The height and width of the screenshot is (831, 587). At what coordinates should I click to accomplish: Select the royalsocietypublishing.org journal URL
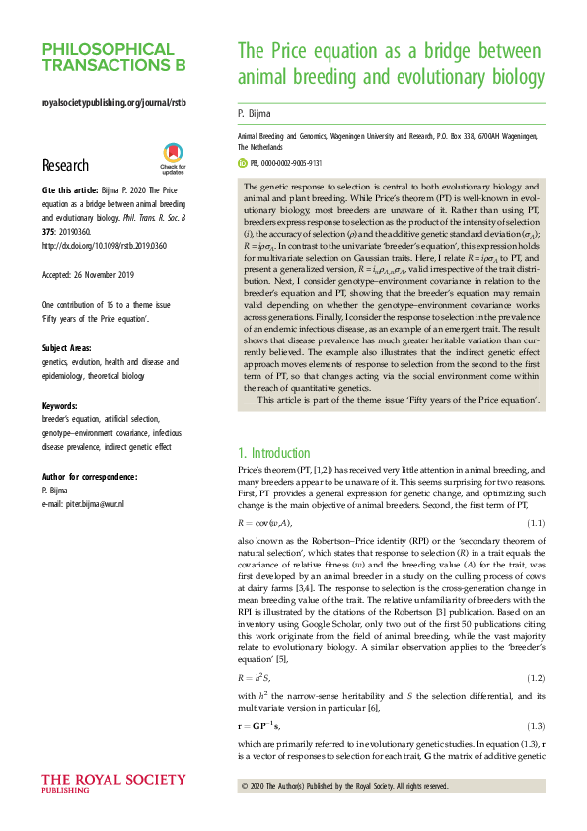coord(112,103)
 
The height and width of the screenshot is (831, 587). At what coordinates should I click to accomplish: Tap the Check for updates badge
coord(173,159)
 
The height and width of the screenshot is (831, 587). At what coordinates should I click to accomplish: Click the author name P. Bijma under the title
coord(256,113)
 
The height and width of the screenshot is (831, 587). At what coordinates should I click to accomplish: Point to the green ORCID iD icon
coord(244,163)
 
